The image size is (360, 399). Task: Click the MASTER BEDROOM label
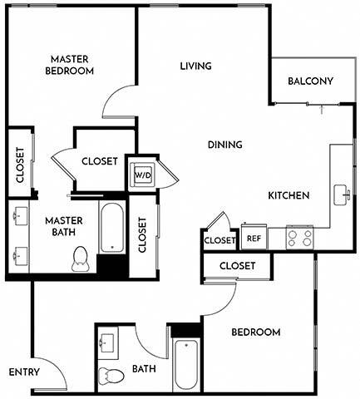coord(70,65)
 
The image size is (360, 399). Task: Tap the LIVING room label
coord(195,66)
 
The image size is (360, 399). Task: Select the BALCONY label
coord(309,81)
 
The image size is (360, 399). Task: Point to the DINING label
coord(224,145)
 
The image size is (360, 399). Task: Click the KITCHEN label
coord(288,196)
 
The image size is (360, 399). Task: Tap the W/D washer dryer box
coord(142,176)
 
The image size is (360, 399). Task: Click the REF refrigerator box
coord(254,239)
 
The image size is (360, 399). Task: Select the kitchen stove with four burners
coord(300,239)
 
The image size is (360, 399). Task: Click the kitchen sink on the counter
coord(342,195)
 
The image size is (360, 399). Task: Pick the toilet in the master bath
coord(81,259)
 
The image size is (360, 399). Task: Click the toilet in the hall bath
coord(109,375)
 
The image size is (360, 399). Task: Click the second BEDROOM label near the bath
coord(255,332)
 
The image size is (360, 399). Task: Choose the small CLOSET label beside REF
coord(220,240)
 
